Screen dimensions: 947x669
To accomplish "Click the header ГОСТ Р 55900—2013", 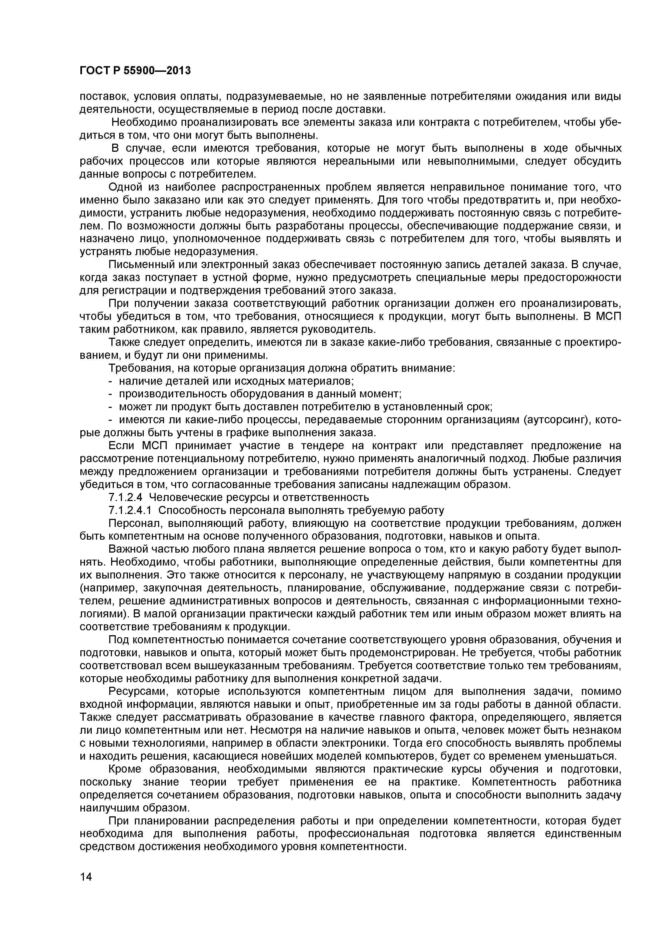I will pyautogui.click(x=135, y=70).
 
